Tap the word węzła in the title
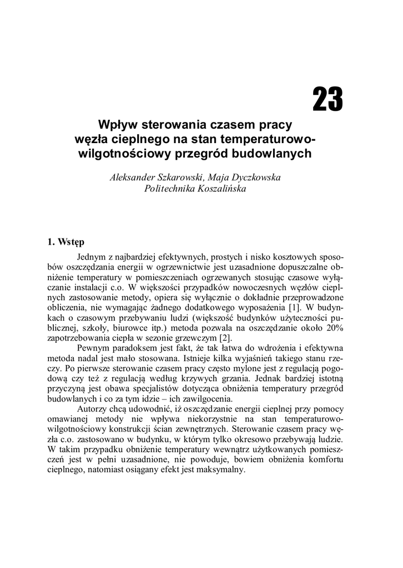(91, 138)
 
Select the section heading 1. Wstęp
(65, 242)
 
